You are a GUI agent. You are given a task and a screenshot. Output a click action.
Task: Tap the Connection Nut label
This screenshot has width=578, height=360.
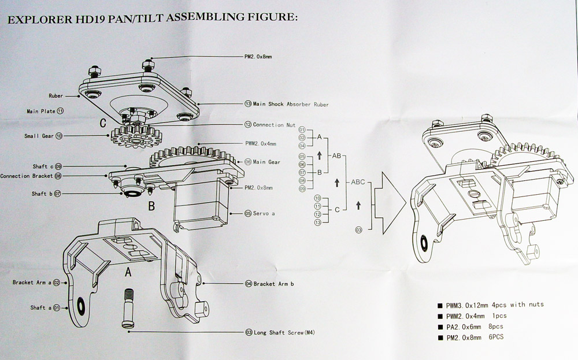coord(274,124)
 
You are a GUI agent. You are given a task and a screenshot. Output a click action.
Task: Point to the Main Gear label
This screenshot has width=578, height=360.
coord(266,162)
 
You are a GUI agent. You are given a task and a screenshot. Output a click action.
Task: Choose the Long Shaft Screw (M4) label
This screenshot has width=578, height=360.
coord(283,333)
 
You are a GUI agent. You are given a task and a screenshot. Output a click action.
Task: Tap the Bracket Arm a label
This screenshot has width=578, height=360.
coord(32,283)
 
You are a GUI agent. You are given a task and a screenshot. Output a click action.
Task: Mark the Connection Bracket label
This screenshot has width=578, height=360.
coord(27,176)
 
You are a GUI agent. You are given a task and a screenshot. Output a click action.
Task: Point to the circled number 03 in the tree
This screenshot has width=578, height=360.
coord(359,230)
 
